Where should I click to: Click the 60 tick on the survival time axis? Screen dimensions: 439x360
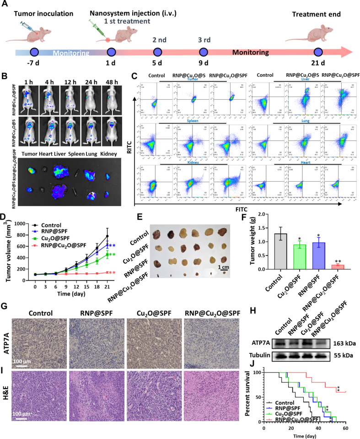click(x=346, y=429)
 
